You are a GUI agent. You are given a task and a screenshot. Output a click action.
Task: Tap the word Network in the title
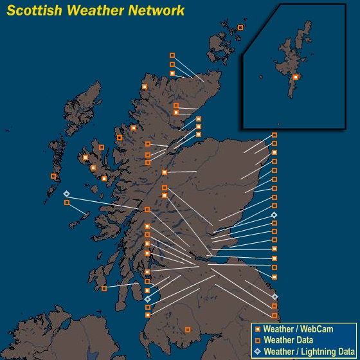click(x=156, y=10)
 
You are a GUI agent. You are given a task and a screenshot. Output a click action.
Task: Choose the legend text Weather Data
click(x=289, y=341)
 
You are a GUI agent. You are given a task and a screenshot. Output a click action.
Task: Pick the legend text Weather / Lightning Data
click(x=309, y=352)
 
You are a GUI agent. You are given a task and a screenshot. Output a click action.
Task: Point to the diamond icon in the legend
click(x=257, y=352)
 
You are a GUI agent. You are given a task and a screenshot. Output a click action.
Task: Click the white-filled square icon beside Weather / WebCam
click(x=257, y=330)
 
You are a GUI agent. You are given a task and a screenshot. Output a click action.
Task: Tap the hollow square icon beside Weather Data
click(x=257, y=341)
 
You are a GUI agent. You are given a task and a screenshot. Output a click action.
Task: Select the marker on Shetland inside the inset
click(x=296, y=77)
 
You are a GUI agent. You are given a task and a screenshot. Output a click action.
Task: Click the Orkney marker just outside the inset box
click(x=240, y=28)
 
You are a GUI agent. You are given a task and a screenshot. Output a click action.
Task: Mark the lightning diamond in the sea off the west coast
click(x=66, y=194)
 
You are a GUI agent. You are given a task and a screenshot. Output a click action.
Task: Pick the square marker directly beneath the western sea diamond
click(x=67, y=203)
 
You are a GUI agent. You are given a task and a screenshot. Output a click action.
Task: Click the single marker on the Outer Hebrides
click(x=54, y=176)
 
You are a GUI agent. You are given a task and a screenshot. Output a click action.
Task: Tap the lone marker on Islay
click(x=104, y=289)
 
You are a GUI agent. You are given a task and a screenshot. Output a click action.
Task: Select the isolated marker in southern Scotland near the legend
click(x=188, y=330)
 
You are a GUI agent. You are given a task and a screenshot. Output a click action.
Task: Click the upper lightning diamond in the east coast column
click(x=274, y=215)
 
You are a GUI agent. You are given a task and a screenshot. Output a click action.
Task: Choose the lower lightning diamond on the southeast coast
click(x=275, y=296)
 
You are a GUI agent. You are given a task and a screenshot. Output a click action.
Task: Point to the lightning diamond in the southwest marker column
click(x=148, y=299)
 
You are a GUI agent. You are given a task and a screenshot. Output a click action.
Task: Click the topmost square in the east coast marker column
click(x=274, y=135)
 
